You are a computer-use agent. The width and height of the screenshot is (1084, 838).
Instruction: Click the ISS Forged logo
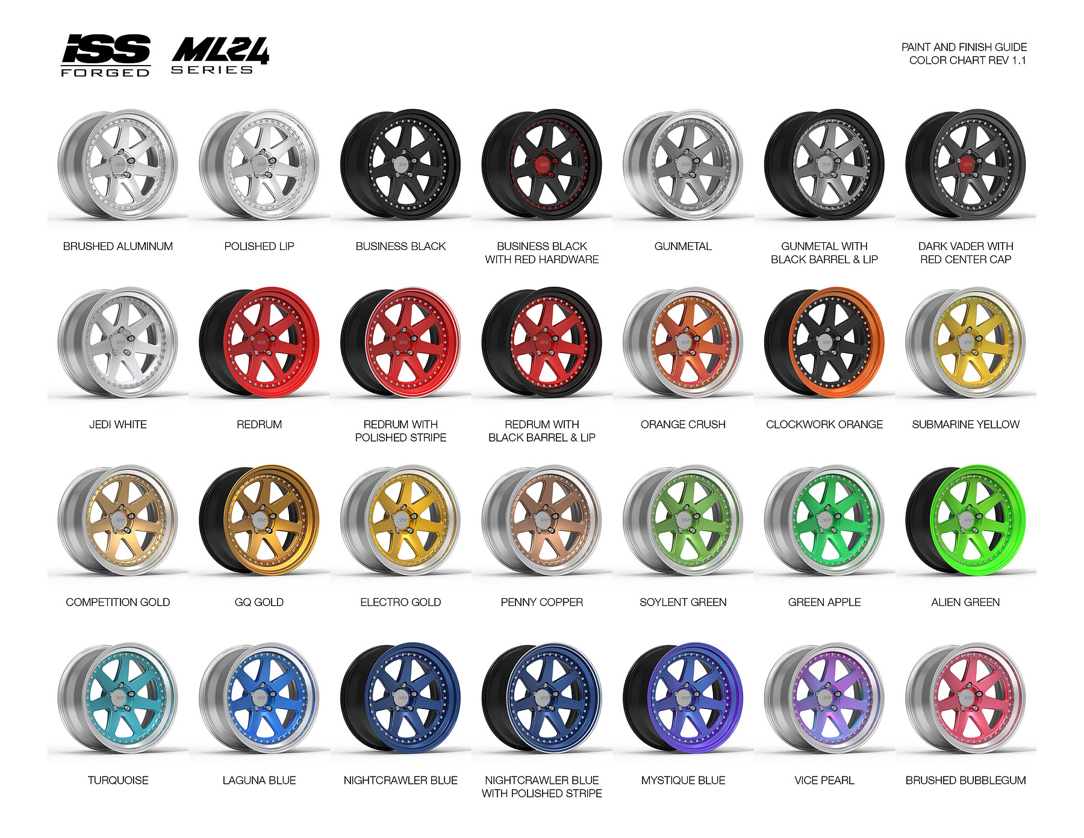(x=105, y=55)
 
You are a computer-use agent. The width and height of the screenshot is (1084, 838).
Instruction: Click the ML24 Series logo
(x=220, y=55)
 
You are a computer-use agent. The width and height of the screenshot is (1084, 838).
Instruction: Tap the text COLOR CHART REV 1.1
(x=967, y=60)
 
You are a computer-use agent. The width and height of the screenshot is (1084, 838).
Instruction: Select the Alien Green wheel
(x=965, y=521)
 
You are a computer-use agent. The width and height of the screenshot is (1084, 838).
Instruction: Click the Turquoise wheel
(x=118, y=698)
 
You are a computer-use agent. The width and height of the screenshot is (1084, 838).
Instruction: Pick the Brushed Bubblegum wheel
(x=965, y=698)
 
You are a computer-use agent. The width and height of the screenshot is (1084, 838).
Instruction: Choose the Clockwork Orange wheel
(x=824, y=342)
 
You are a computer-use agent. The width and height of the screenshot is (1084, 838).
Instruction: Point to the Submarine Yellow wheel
(x=965, y=342)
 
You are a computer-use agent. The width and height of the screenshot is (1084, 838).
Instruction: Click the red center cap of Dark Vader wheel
(x=967, y=163)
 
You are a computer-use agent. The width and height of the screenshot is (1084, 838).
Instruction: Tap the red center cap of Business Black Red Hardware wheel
(x=543, y=163)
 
